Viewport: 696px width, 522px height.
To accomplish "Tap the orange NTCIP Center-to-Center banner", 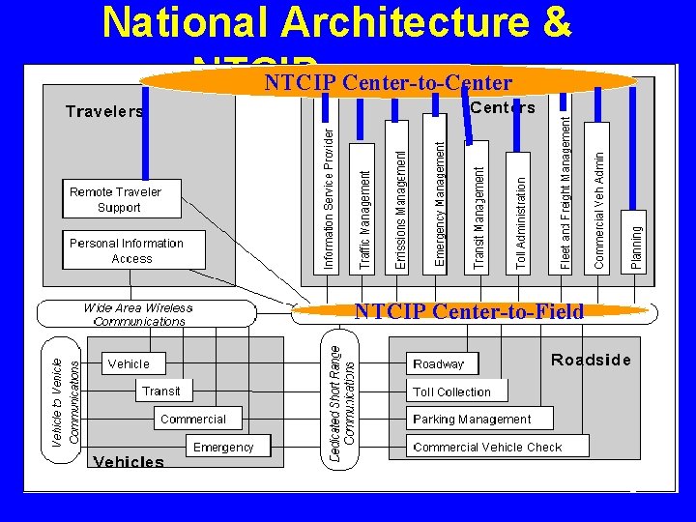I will (388, 82).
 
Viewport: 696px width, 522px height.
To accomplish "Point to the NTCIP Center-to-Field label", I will (469, 311).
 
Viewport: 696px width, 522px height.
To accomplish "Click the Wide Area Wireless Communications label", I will (139, 314).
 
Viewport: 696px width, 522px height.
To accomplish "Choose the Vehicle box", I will (130, 363).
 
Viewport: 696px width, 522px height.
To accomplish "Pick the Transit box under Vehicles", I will (161, 391).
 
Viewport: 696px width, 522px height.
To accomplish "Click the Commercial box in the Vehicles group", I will (192, 419).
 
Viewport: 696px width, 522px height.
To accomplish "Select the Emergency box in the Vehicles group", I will (223, 447).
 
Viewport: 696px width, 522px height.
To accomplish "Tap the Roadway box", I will (440, 363).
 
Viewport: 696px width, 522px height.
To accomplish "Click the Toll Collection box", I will (452, 391).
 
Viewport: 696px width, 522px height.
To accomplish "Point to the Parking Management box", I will (473, 419).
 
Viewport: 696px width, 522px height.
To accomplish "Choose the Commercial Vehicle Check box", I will (488, 447).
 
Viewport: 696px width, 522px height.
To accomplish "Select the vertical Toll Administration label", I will (522, 222).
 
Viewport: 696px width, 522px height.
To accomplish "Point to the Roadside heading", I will (591, 360).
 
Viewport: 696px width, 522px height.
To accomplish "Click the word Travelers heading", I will (104, 111).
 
